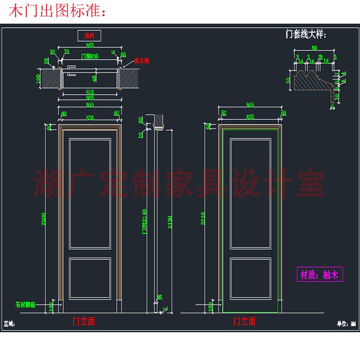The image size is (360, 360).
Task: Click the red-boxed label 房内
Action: click(x=89, y=35)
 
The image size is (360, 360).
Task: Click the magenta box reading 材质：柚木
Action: click(x=319, y=275)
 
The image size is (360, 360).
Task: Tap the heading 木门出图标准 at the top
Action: click(x=57, y=11)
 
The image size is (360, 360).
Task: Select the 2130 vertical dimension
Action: click(x=170, y=221)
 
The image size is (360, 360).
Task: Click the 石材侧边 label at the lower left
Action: click(x=25, y=304)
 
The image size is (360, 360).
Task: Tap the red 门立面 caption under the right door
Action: click(x=244, y=322)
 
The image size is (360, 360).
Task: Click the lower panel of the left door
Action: click(x=90, y=278)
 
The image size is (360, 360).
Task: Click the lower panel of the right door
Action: click(x=250, y=278)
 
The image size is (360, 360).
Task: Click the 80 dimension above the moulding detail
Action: click(x=314, y=49)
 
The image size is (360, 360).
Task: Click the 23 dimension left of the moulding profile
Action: click(x=289, y=80)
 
